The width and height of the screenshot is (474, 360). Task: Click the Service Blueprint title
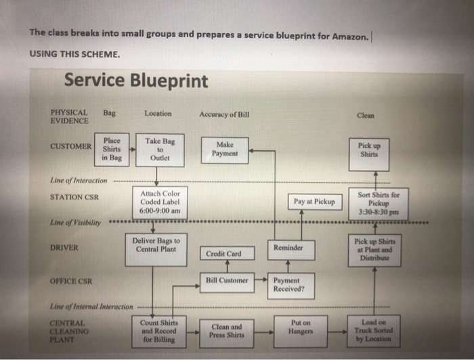(135, 81)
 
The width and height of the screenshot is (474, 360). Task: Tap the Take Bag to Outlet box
(160, 149)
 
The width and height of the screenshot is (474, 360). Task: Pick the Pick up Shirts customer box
(374, 149)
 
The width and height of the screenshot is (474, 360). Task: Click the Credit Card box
(226, 254)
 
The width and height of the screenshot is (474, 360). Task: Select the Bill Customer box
(227, 279)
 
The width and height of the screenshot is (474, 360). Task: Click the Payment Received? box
(289, 284)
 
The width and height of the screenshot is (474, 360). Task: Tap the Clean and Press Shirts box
(226, 330)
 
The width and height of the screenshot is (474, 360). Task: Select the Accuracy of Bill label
(224, 114)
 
